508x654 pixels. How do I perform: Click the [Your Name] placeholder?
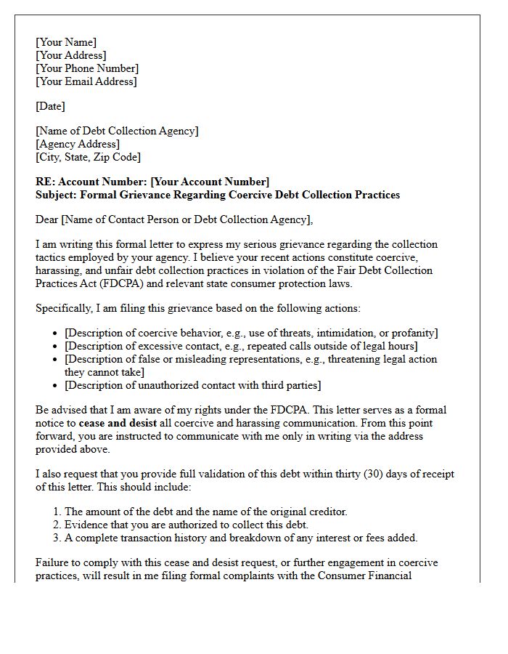point(66,42)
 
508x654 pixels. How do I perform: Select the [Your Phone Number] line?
point(87,68)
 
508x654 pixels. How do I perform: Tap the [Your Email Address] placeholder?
point(86,81)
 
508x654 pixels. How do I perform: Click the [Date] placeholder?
point(50,106)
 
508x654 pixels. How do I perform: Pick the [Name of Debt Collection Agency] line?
point(117,131)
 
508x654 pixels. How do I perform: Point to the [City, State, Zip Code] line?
point(88,157)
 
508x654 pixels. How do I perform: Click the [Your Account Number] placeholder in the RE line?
point(210,182)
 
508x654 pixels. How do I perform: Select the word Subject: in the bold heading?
point(56,195)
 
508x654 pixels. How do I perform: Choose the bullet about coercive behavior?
point(251,333)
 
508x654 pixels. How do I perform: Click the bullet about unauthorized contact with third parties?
point(192,385)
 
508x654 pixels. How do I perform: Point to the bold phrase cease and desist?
point(113,423)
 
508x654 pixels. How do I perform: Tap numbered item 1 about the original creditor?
point(205,512)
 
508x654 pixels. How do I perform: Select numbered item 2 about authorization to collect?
point(187,525)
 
